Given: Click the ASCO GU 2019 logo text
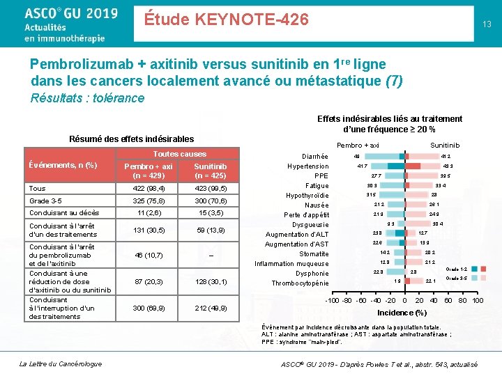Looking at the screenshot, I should coord(71,14).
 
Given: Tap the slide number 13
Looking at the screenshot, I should coord(487,24).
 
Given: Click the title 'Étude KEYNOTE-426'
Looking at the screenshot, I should coord(227,19).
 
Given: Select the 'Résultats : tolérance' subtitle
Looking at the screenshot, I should coord(87,98).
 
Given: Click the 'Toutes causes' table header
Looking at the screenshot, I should coord(179,153).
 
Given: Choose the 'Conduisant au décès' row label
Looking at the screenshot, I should coord(64,213).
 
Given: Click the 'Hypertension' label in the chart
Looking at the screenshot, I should coord(307,166).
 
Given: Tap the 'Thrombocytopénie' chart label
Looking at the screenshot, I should coord(301,283).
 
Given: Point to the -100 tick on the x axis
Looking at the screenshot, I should coord(332,301).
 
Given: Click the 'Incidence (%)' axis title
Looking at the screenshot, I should coord(401,313).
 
